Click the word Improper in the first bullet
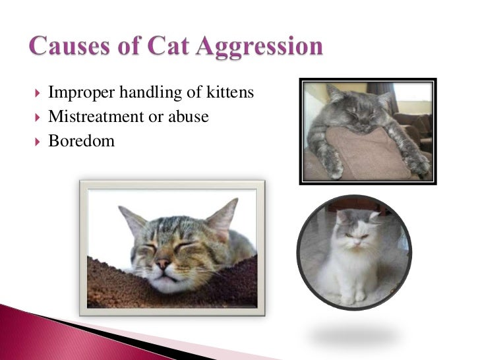(x=76, y=93)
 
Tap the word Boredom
(x=81, y=140)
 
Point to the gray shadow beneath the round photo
(x=353, y=337)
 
